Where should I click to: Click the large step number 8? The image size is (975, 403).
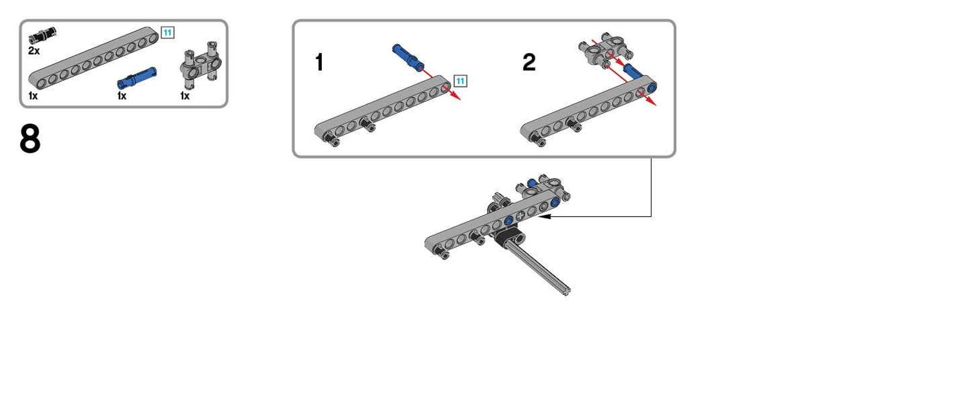(30, 139)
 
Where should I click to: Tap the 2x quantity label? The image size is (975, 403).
(34, 51)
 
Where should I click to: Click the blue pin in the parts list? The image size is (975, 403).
(137, 78)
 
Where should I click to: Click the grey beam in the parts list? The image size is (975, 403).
(93, 57)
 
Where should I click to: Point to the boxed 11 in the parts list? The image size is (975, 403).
(168, 33)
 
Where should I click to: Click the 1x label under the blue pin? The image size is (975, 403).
(122, 96)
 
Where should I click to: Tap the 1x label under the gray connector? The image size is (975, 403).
(185, 96)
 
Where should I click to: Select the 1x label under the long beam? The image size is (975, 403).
(33, 96)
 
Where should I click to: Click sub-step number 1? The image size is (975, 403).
(319, 62)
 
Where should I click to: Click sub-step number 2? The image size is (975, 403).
(529, 62)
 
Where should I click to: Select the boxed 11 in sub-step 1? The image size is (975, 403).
(460, 81)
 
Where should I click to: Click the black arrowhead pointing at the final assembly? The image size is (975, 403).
(544, 216)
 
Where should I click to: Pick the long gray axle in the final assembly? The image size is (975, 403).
(540, 268)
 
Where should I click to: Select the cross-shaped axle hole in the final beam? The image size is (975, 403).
(519, 217)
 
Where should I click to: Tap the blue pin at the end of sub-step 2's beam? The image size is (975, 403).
(651, 88)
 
